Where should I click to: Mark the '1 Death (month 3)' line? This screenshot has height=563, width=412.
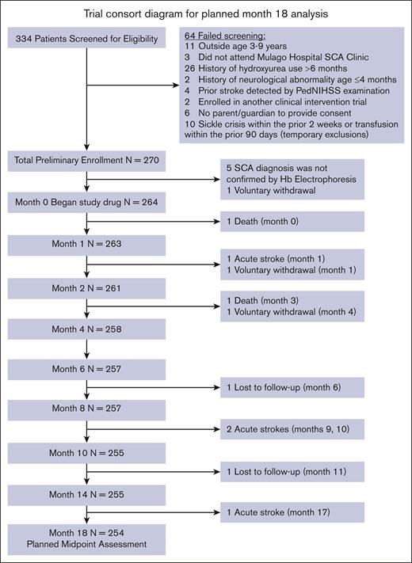267,301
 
